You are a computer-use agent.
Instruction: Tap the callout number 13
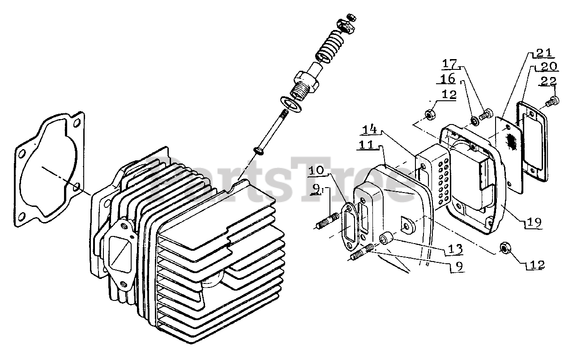(x=453, y=249)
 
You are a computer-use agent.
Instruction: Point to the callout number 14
(x=370, y=130)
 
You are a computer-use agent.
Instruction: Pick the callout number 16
(x=448, y=79)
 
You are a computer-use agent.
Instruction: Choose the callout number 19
(x=534, y=221)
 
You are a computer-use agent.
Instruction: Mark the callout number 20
(x=547, y=67)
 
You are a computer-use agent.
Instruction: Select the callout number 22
(x=548, y=81)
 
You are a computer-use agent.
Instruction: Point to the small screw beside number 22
(x=552, y=102)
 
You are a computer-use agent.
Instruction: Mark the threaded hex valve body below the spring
(x=305, y=81)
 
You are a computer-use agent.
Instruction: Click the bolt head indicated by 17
(x=486, y=114)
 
